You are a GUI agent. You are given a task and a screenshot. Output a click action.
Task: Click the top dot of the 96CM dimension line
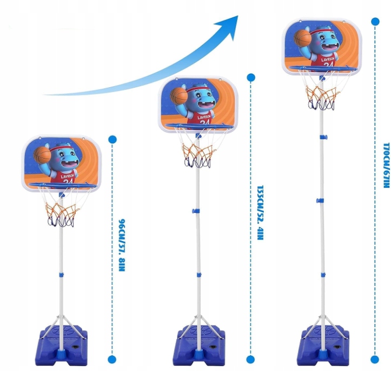(112, 139)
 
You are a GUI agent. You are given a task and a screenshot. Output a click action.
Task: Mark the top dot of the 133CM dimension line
(250, 77)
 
